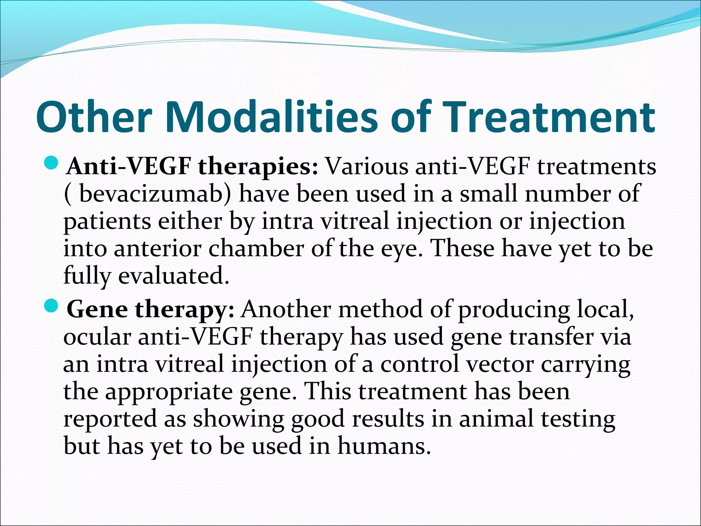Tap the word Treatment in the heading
coord(544,117)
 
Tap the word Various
coord(367,167)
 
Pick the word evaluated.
coord(174,276)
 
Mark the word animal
coord(496,419)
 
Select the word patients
coord(107,222)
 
